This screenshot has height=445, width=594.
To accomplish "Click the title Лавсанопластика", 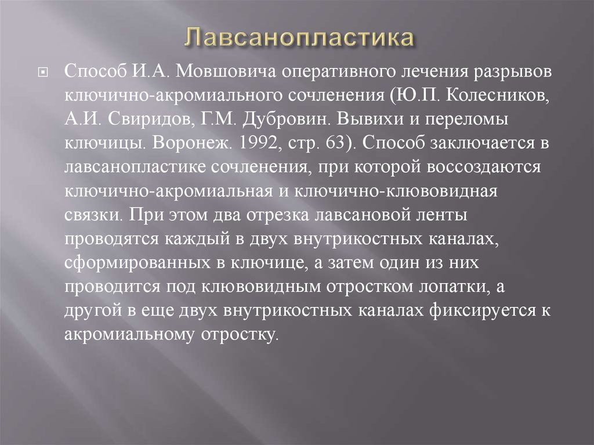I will coord(300,39).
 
